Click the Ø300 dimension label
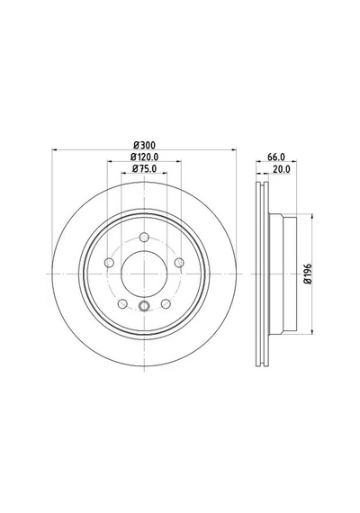coord(144,145)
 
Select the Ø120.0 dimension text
coord(144,157)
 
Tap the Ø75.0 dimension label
coord(144,169)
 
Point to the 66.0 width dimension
coord(276,157)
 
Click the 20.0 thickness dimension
coord(282,169)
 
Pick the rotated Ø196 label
coord(308,274)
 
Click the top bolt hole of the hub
coord(144,238)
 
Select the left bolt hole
coord(109,263)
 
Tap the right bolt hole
coord(179,263)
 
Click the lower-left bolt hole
coord(122,304)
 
